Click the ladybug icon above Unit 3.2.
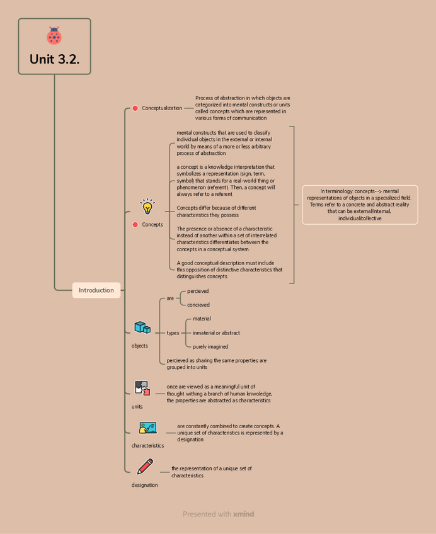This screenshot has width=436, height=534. [54, 36]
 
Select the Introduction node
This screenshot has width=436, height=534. [96, 290]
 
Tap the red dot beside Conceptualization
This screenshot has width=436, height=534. [135, 108]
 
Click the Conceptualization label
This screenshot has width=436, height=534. [162, 108]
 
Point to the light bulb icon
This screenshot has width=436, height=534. [147, 206]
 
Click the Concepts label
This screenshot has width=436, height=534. [152, 225]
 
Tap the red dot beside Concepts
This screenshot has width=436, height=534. [135, 225]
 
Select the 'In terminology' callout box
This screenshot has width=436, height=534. [360, 205]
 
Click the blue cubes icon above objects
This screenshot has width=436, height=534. [142, 327]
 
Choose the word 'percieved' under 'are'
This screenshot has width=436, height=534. [198, 291]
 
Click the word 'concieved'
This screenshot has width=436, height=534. [198, 305]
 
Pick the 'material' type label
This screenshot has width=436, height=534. [202, 319]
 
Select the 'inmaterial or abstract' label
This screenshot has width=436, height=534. [216, 332]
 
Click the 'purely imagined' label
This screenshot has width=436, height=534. [210, 346]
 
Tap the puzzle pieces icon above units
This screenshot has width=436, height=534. [142, 389]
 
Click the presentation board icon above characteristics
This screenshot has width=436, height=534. [147, 428]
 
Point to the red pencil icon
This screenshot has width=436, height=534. [145, 467]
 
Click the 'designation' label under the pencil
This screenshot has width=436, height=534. [145, 485]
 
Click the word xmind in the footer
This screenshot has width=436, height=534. [244, 514]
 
